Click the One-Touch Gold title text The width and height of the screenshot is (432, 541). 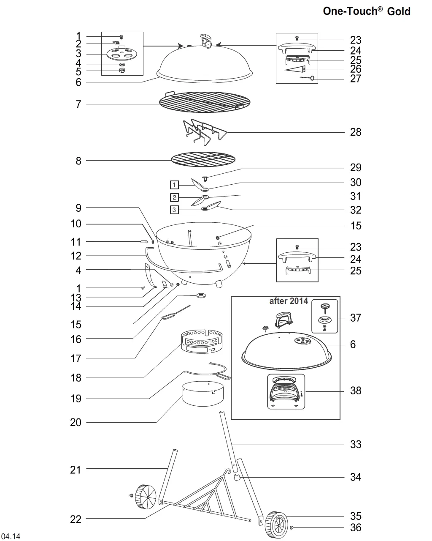(x=367, y=11)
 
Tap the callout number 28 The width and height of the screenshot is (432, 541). (x=356, y=132)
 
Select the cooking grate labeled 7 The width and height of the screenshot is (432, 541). (x=205, y=102)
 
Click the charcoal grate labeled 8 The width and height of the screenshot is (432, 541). (x=203, y=159)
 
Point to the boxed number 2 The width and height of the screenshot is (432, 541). (x=175, y=197)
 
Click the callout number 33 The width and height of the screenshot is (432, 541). (x=356, y=444)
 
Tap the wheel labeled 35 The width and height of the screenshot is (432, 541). (x=276, y=525)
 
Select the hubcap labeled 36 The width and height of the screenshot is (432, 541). (x=292, y=527)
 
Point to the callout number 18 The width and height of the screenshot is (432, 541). (x=76, y=377)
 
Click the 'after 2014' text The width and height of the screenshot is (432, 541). (x=289, y=301)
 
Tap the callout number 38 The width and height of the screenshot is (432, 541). (x=356, y=391)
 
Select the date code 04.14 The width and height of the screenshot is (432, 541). (x=11, y=536)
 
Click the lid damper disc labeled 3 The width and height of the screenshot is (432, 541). (x=122, y=54)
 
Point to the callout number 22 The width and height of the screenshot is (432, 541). (x=76, y=519)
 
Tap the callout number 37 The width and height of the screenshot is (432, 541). (x=356, y=318)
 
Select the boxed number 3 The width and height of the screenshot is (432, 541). (x=175, y=210)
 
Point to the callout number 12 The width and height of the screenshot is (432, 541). (x=76, y=256)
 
